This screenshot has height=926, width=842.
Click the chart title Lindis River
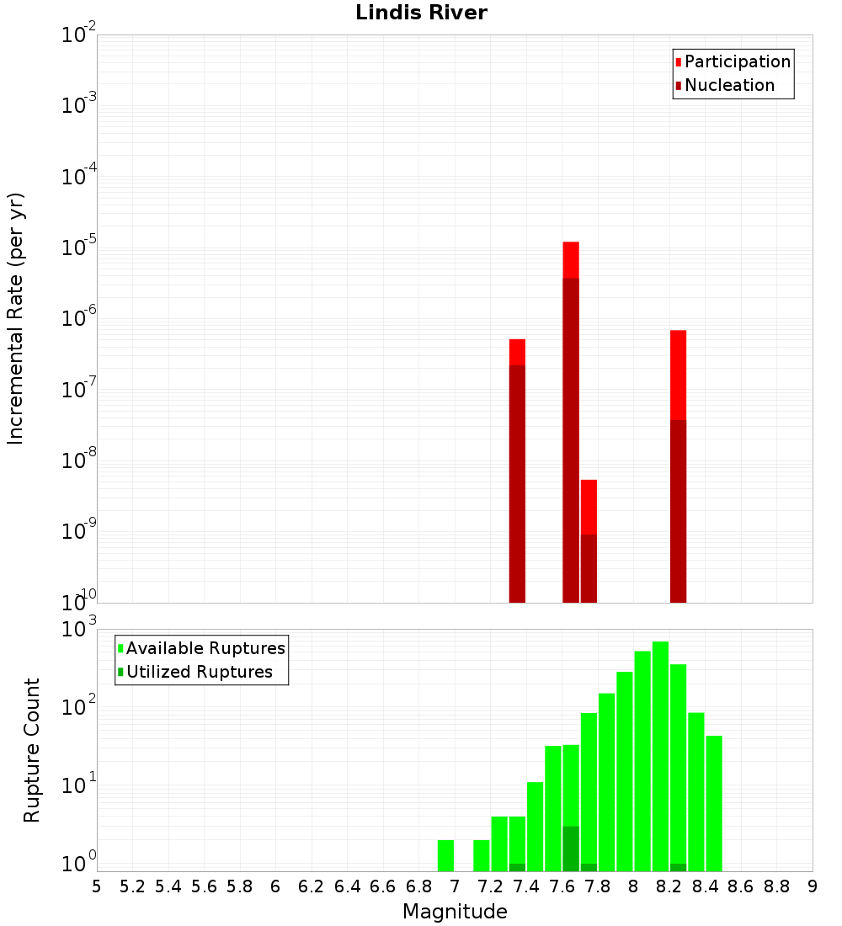[x=421, y=13]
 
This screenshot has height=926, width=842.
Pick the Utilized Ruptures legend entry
[x=199, y=672]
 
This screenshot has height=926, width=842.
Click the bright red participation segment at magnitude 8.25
[x=679, y=375]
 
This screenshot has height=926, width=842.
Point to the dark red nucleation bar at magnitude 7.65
[x=571, y=438]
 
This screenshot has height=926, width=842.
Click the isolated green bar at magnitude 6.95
[x=445, y=855]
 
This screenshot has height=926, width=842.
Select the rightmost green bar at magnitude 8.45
[x=714, y=803]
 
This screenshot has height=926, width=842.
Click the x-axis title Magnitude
[x=455, y=912]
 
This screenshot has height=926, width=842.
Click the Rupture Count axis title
[x=32, y=750]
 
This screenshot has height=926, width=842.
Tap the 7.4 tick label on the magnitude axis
[x=526, y=886]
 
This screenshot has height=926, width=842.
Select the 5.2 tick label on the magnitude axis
[x=132, y=886]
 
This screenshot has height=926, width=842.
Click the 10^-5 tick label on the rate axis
[x=79, y=248]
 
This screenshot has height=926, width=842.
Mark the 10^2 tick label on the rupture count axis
[x=79, y=707]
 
